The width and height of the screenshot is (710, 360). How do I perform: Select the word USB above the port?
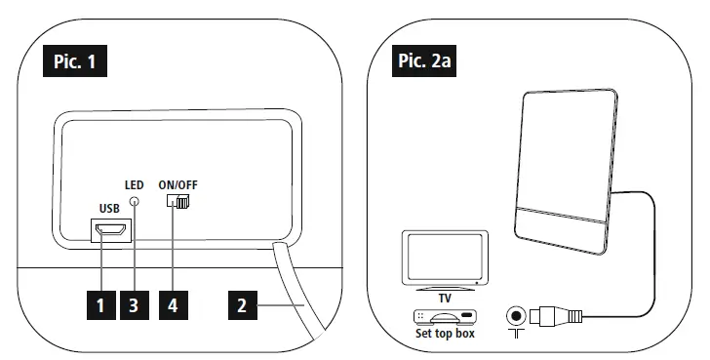[x=110, y=208]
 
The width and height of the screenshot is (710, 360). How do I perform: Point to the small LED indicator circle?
[x=136, y=201]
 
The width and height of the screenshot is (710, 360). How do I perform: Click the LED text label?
[x=135, y=184]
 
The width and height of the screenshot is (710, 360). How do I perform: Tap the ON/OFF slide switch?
[x=179, y=202]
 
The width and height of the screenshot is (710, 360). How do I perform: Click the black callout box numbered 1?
[x=99, y=305]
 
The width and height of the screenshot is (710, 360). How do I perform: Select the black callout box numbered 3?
[x=135, y=305]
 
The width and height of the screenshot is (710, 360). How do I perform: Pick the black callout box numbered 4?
[x=173, y=305]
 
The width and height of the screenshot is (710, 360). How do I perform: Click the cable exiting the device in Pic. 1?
[x=296, y=293]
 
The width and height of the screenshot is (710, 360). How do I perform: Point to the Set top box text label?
[x=445, y=333]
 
